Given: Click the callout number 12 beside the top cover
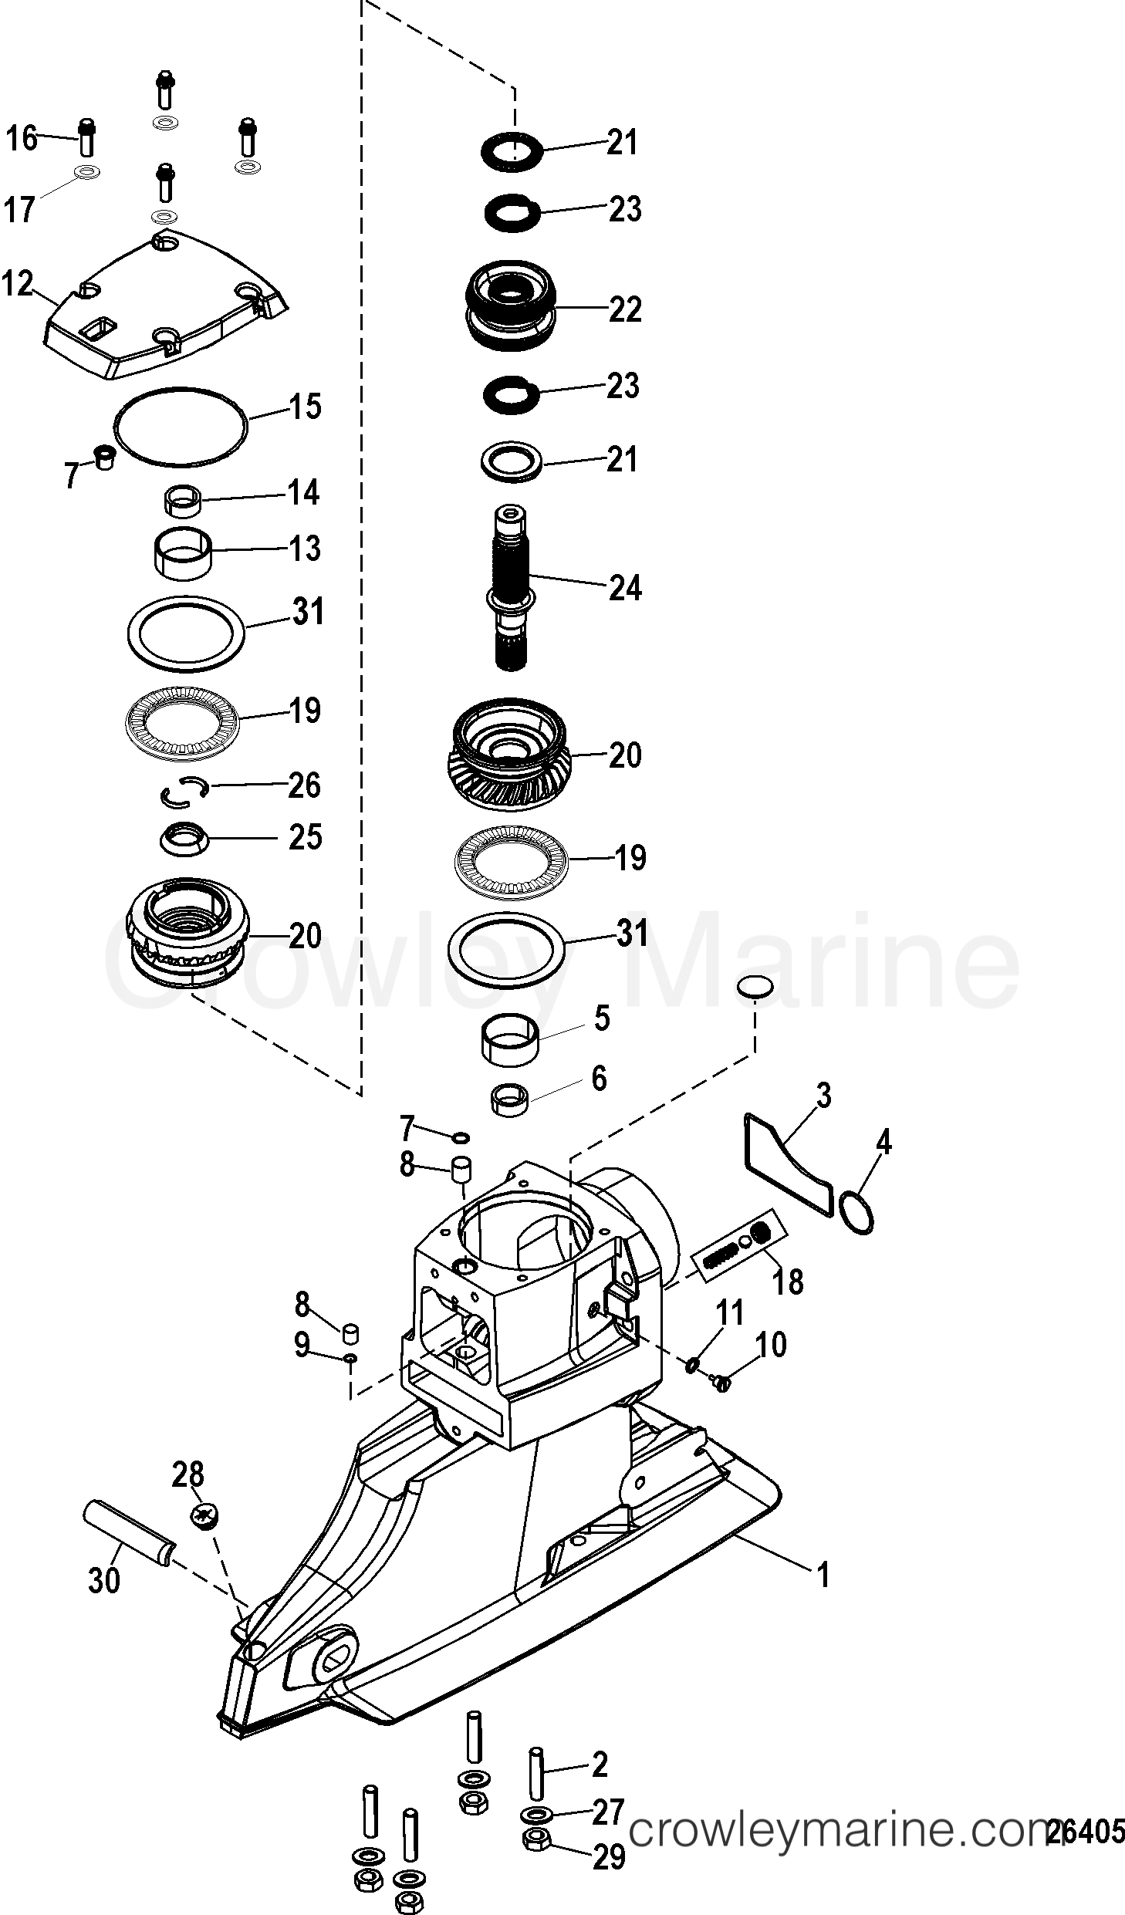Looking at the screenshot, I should pyautogui.click(x=17, y=284).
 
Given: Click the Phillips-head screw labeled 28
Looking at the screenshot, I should pyautogui.click(x=204, y=1516).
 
